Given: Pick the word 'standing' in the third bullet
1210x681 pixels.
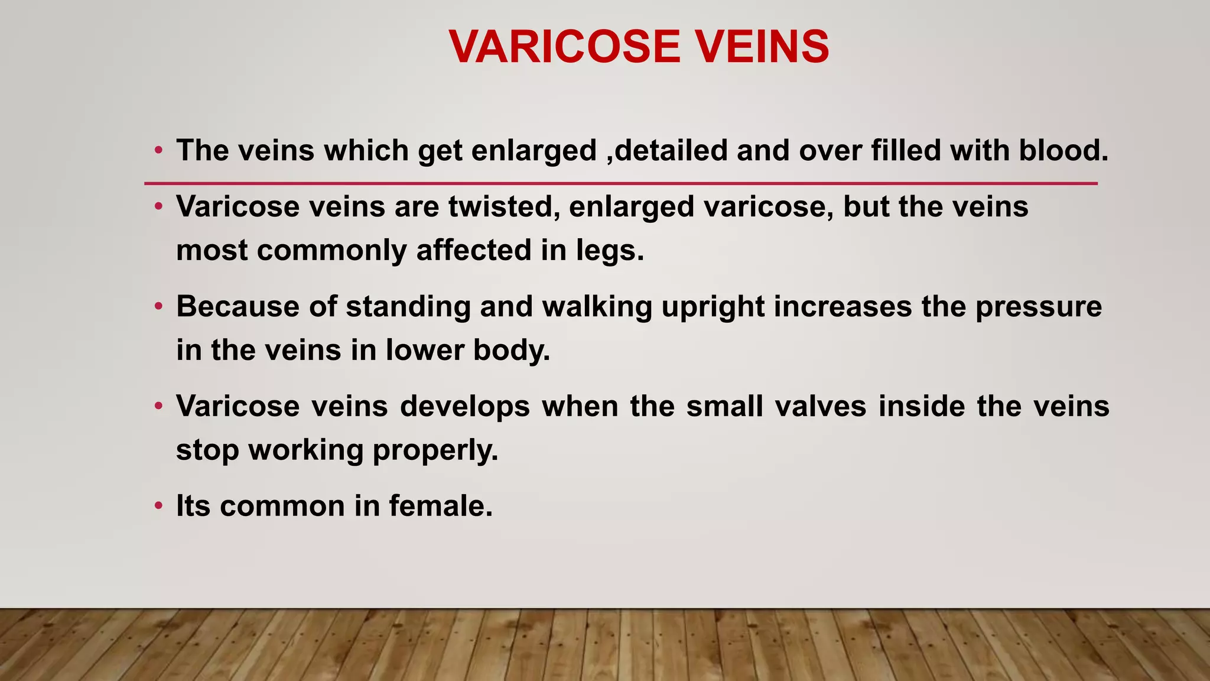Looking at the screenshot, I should click(408, 307).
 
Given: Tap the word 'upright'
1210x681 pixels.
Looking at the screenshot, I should click(713, 307).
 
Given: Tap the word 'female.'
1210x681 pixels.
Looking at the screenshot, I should click(441, 506).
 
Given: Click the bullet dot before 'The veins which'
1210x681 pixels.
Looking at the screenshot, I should click(158, 150).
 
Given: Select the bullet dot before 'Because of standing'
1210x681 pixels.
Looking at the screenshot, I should click(158, 307).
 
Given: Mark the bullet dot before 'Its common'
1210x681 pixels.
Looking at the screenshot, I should click(158, 506).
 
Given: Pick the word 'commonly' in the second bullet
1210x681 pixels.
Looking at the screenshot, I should click(331, 250).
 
